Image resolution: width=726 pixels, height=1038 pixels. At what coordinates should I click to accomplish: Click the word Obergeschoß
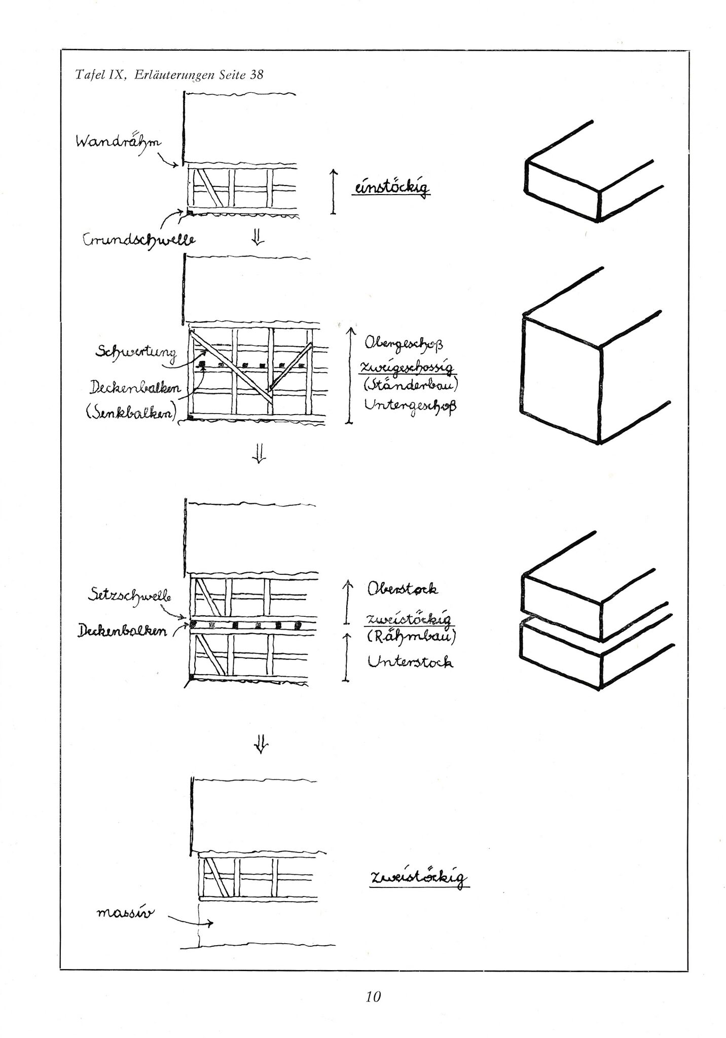(x=404, y=344)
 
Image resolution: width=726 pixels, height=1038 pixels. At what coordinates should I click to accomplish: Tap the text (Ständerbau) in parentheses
(x=410, y=386)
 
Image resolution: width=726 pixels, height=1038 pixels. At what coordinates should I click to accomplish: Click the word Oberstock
(x=403, y=589)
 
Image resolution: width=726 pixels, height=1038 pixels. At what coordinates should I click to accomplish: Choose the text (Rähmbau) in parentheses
(x=411, y=636)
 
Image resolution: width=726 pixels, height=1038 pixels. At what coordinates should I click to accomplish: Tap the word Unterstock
(x=410, y=661)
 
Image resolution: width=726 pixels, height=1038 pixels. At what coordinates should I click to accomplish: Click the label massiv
(x=125, y=913)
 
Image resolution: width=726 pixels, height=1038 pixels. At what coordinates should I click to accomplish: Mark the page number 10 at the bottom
(x=373, y=997)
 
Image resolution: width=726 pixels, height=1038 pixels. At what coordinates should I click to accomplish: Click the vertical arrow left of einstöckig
(x=333, y=192)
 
